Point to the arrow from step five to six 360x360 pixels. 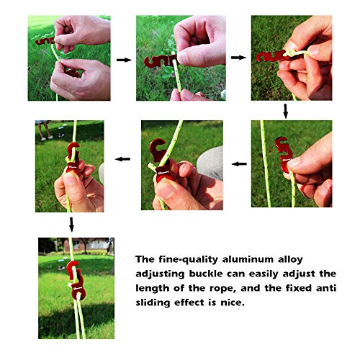click(x=123, y=159)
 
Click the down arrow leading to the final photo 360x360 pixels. click(x=71, y=225)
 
